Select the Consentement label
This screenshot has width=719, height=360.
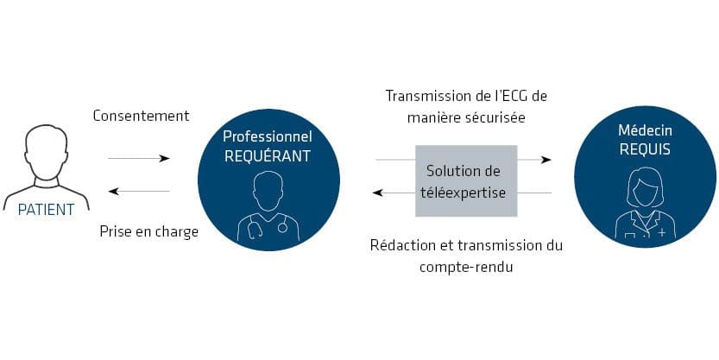point(141,116)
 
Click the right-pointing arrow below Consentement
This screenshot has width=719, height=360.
point(139,158)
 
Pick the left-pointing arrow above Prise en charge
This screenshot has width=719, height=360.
point(139,192)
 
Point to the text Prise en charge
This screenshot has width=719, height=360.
point(148,231)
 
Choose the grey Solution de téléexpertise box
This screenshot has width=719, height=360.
point(466,180)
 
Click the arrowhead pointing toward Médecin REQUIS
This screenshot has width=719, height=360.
point(547,160)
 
